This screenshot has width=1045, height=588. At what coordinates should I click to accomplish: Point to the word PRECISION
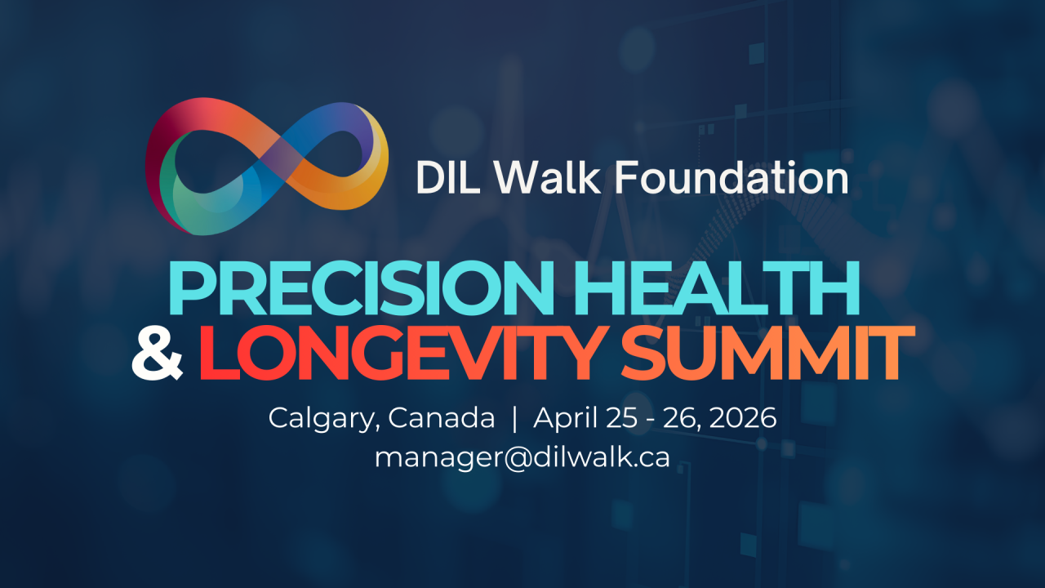click(362, 288)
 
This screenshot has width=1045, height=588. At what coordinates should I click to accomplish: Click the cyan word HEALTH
click(717, 288)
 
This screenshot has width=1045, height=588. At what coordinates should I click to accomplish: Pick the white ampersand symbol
click(158, 353)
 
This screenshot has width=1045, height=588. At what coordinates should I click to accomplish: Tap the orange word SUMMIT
click(768, 353)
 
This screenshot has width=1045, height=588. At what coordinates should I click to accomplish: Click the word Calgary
click(321, 419)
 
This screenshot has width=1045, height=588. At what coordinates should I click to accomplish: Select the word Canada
click(442, 417)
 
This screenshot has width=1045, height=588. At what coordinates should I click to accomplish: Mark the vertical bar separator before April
click(514, 419)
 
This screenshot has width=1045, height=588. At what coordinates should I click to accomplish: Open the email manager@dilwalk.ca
click(522, 458)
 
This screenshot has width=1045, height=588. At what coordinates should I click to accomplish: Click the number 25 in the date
click(621, 417)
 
